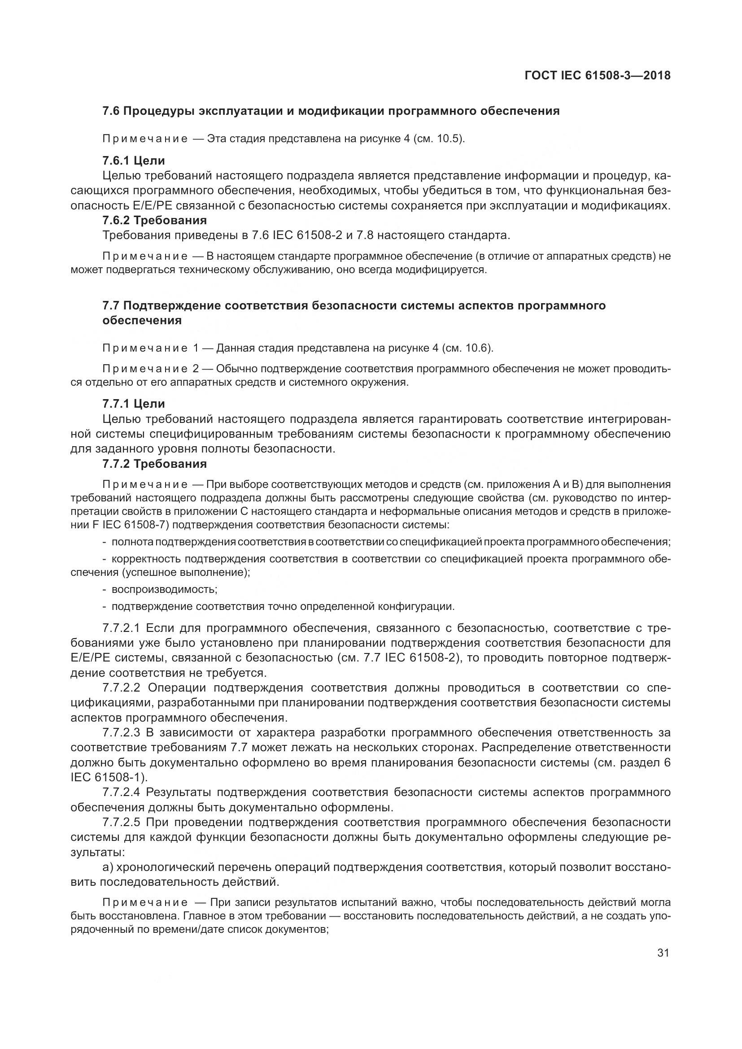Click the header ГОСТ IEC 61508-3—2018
coord(598,75)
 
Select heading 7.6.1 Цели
coord(133,161)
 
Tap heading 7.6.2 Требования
coord(154,220)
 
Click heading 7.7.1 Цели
coord(133,404)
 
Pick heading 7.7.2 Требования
coord(154,464)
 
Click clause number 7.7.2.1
coord(121,628)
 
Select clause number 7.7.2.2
coord(121,688)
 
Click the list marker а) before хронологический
coord(108,867)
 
